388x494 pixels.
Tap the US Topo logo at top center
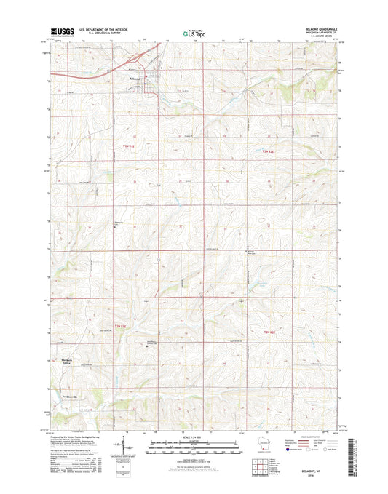coord(194,33)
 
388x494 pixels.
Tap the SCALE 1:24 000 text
coord(194,435)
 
